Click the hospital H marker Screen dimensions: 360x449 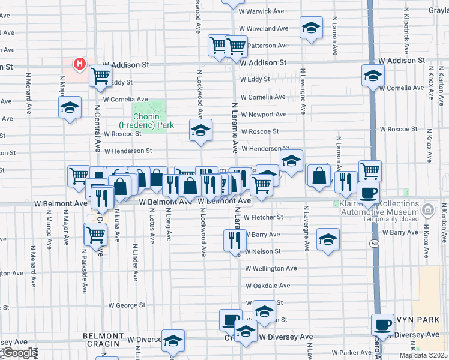79,64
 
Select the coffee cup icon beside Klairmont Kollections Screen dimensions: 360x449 368,193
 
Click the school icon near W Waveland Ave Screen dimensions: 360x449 310,28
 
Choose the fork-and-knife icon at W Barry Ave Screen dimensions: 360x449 233,240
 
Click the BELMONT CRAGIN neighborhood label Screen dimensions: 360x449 103,340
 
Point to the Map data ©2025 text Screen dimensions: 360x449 423,355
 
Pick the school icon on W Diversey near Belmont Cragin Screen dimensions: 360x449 173,340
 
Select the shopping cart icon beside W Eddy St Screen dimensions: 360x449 100,76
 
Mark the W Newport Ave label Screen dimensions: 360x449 264,114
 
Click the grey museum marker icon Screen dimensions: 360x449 427,210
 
